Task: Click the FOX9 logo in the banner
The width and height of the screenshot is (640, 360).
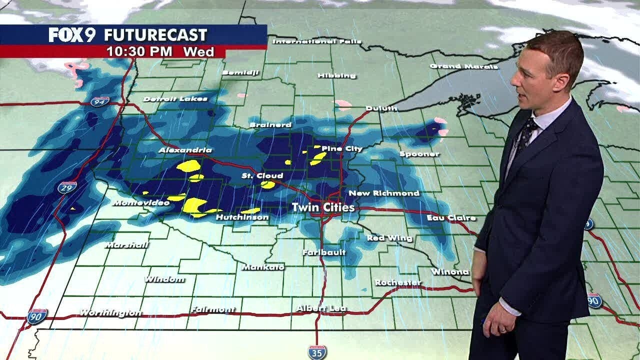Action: click(x=71, y=35)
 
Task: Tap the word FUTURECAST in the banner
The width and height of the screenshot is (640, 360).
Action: click(x=155, y=35)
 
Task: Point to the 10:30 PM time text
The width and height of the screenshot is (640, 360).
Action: click(x=139, y=51)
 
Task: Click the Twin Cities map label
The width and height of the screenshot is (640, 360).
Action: click(x=323, y=207)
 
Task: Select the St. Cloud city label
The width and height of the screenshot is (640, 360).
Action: click(x=262, y=175)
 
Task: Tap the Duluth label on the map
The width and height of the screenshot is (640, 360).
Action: click(x=381, y=108)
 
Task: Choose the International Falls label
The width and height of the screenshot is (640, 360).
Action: click(x=310, y=41)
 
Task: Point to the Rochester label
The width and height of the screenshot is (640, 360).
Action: click(x=397, y=282)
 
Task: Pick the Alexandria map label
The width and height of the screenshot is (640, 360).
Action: click(x=185, y=150)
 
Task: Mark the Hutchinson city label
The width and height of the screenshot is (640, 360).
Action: click(x=242, y=217)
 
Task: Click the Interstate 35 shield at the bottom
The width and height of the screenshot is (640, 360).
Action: click(x=317, y=351)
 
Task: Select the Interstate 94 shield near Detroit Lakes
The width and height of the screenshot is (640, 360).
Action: click(x=100, y=101)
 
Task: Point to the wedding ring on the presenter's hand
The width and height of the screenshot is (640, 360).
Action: click(x=503, y=329)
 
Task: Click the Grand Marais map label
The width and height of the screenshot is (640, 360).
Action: click(x=463, y=66)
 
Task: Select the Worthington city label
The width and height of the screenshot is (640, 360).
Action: click(x=110, y=313)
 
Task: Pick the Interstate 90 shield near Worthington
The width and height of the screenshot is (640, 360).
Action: click(x=37, y=316)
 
